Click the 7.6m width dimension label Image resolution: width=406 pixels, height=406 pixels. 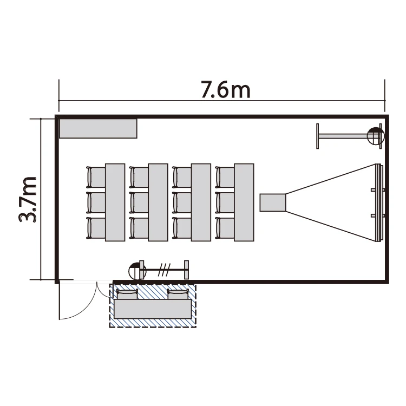coord(226,90)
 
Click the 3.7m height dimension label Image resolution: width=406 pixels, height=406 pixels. coord(28,199)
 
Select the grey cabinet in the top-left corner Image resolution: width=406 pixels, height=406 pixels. coord(98,128)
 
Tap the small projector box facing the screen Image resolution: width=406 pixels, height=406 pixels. coord(273,202)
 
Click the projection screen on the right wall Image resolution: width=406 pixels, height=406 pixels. coord(379,203)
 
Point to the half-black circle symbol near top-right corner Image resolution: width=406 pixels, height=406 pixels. coord(376,136)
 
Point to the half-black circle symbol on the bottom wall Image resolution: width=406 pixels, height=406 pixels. coord(137,271)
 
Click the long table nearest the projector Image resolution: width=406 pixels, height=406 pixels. coord(244,202)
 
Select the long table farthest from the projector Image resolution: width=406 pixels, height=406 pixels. coord(115,202)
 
